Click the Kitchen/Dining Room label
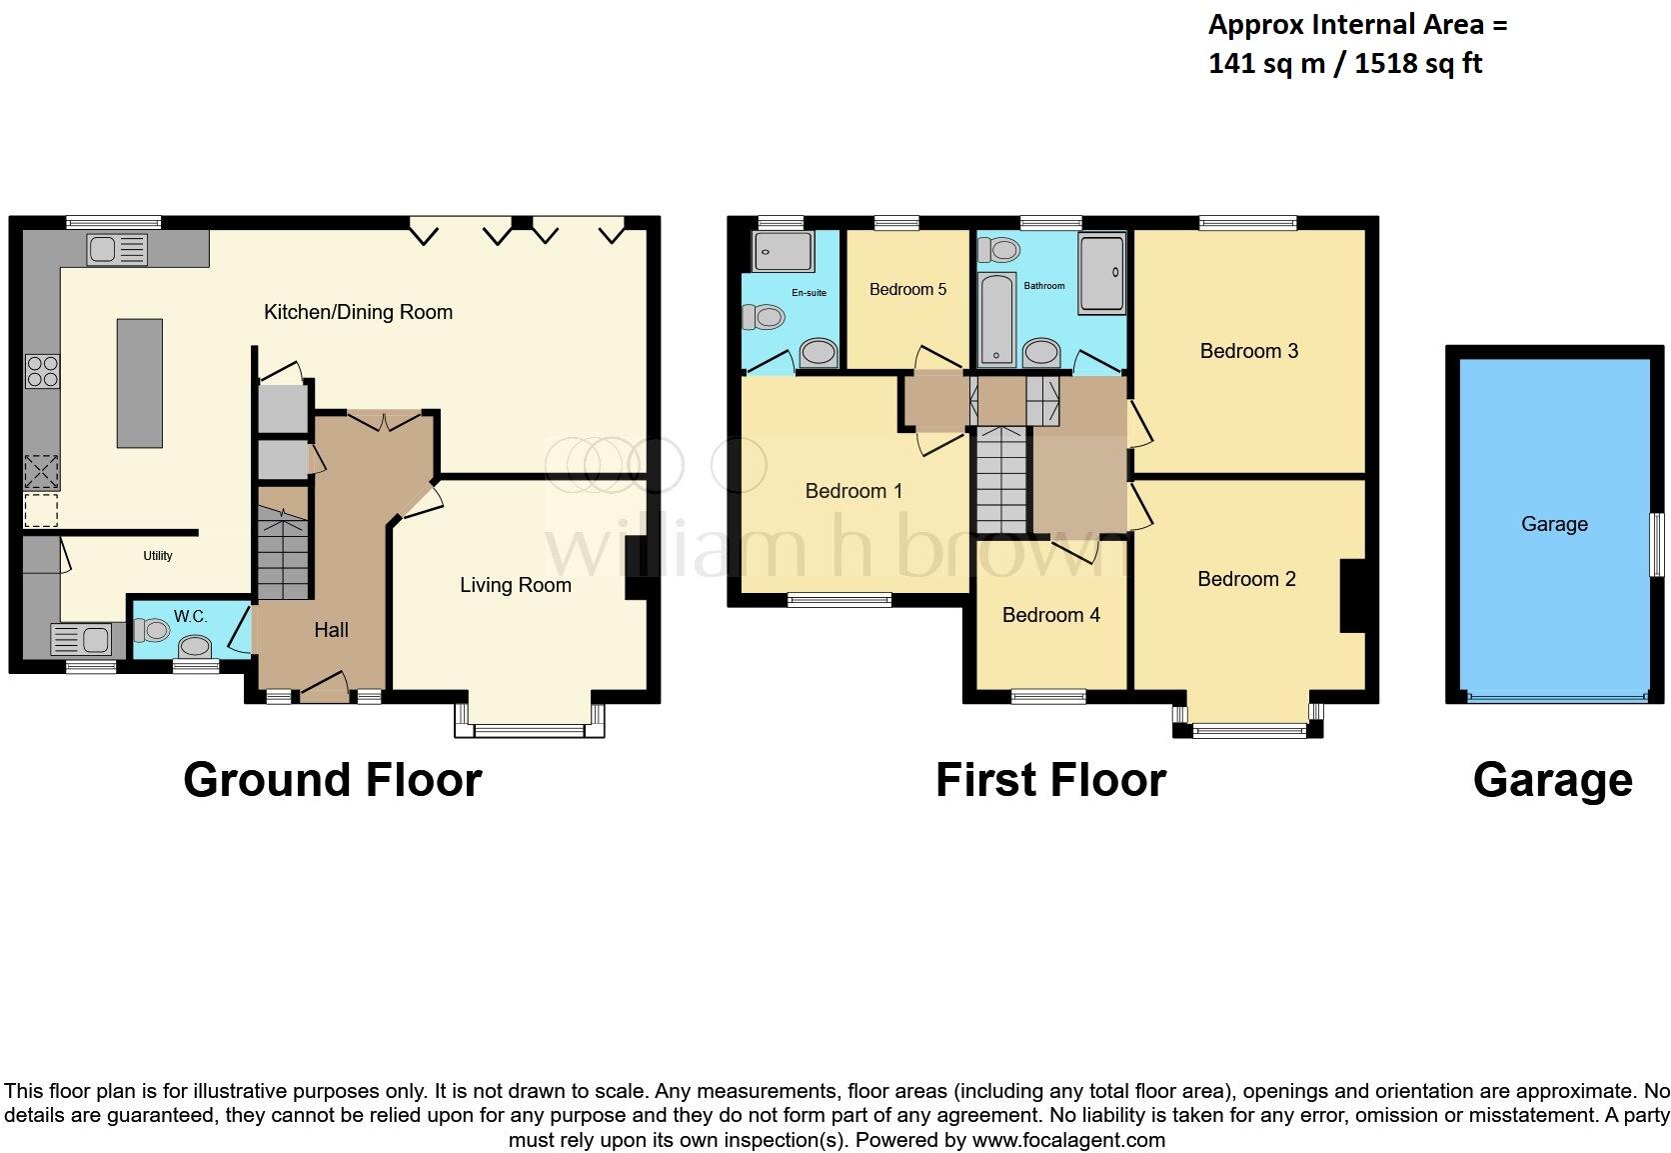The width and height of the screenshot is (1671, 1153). click(358, 312)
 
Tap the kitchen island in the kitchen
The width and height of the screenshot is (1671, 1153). click(140, 382)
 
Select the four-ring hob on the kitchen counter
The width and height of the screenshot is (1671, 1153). click(42, 371)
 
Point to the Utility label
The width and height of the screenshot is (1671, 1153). click(158, 556)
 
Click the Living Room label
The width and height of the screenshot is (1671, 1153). click(515, 585)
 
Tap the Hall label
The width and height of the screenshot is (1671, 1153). click(331, 630)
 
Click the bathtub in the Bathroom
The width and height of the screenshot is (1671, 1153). click(995, 319)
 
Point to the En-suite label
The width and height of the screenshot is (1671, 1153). click(809, 293)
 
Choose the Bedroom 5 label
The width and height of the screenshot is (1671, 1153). click(907, 290)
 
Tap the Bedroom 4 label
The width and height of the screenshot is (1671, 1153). click(1050, 615)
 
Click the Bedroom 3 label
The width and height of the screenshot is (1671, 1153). click(1248, 351)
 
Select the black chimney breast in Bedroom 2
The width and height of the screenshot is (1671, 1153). click(1352, 595)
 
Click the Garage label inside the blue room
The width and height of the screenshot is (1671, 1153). click(1553, 524)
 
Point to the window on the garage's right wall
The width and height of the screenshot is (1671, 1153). click(1655, 543)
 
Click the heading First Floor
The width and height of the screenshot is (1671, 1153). click(1050, 780)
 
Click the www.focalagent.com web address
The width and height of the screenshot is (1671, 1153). click(1068, 1140)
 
